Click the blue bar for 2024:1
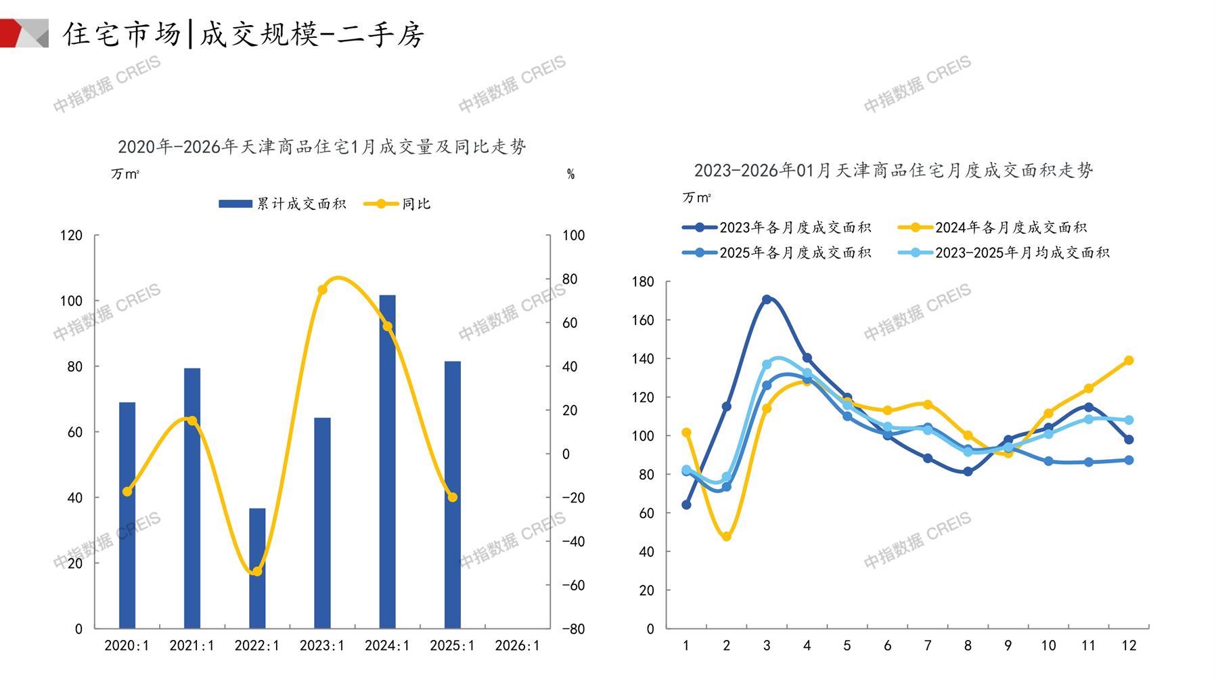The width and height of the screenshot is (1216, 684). (387, 461)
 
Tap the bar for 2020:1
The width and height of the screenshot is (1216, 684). (127, 515)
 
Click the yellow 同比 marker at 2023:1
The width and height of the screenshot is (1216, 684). (322, 290)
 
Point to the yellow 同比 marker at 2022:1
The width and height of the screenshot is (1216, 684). (257, 572)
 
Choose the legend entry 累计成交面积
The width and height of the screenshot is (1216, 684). (283, 204)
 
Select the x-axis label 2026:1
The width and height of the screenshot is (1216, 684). (518, 645)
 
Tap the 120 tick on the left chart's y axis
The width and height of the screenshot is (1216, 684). (72, 236)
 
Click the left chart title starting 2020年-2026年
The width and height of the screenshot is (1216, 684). (322, 147)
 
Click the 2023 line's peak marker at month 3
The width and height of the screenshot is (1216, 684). (767, 299)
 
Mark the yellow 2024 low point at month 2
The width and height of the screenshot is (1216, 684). (727, 536)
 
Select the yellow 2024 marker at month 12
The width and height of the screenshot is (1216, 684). (1129, 360)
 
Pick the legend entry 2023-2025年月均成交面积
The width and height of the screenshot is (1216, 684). (1005, 253)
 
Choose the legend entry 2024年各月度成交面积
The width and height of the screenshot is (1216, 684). (993, 228)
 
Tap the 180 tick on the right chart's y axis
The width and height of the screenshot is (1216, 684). (643, 282)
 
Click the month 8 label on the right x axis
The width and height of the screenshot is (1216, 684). (968, 645)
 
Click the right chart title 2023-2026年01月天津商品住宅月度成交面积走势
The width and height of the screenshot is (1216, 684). (893, 170)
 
